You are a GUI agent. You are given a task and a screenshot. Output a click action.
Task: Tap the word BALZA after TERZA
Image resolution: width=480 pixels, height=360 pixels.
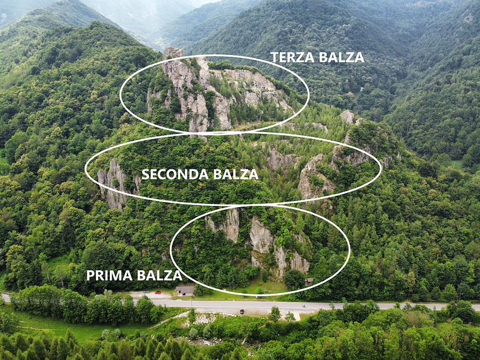(342, 57)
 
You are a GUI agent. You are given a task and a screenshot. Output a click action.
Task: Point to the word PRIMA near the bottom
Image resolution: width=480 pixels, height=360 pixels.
(109, 275)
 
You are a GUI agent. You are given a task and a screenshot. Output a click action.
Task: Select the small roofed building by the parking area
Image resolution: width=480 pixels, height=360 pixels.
(184, 291)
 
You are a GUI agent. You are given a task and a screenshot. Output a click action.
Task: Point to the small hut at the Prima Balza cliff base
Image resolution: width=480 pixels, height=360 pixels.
(308, 281)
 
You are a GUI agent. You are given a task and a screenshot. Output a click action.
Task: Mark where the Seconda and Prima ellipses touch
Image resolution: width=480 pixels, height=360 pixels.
(253, 205)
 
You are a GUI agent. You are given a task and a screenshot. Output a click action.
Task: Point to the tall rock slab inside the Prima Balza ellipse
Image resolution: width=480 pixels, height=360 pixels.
(260, 236)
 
